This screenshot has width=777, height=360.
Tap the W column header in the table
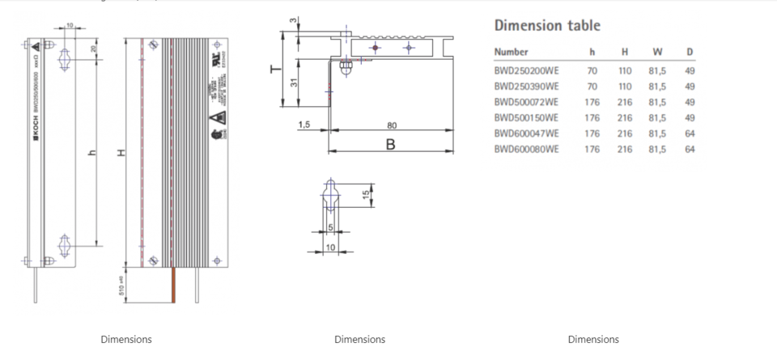[x=657, y=53]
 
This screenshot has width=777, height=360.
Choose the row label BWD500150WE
[x=526, y=118]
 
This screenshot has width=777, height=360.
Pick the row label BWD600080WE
[x=526, y=150]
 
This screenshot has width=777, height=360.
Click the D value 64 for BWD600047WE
[x=690, y=133]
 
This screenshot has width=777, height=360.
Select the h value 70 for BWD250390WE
[x=592, y=87]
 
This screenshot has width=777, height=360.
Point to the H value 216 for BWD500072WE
[x=624, y=103]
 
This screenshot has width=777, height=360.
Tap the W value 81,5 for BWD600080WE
[x=657, y=150]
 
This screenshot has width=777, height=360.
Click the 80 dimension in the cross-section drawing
[x=392, y=125]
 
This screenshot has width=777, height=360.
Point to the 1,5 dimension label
[x=305, y=125]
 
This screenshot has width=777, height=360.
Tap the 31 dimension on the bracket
[x=295, y=82]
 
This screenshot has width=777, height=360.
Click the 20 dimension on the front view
[x=93, y=49]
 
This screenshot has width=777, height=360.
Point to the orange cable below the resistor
[x=172, y=285]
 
